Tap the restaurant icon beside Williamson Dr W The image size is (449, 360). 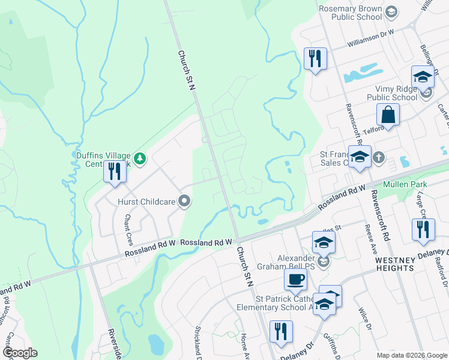click(315, 59)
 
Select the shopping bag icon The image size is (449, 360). click(388, 115)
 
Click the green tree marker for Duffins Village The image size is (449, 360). click(139, 158)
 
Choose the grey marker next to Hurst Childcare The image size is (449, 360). click(185, 202)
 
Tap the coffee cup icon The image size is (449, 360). click(295, 279)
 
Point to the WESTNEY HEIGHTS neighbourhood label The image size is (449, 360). click(403, 261)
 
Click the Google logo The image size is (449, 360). click(19, 353)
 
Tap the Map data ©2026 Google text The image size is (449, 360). click(412, 355)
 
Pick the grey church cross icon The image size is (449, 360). click(379, 157)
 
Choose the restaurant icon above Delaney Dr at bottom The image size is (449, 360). click(281, 331)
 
